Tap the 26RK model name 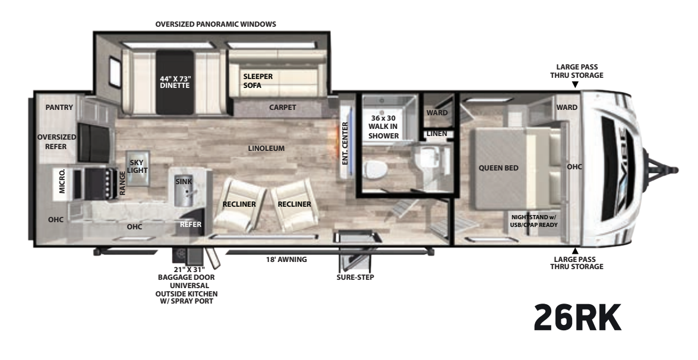577,317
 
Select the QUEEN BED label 498,168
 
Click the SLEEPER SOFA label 258,81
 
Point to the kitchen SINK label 184,182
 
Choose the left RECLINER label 239,204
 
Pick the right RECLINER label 294,204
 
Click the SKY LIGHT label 137,166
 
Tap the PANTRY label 59,108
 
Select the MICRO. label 62,181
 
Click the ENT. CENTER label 345,143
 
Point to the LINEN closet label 437,134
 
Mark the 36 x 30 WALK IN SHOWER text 383,127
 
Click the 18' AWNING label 286,260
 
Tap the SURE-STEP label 355,277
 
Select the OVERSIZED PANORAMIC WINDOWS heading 216,24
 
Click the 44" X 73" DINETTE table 175,83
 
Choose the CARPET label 283,108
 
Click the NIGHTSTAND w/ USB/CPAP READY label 533,221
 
